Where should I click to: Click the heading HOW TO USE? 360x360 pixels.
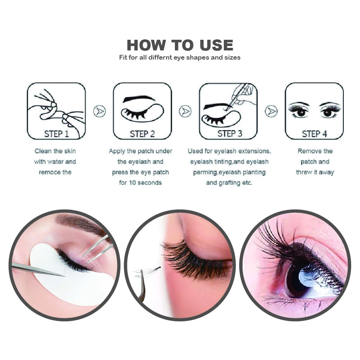[180, 45]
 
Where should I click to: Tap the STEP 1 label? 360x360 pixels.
[56, 134]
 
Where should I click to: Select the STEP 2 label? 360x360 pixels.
[142, 134]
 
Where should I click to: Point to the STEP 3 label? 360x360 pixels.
[229, 133]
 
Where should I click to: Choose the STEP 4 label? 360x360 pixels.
[314, 134]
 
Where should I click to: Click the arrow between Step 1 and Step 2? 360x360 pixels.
[99, 111]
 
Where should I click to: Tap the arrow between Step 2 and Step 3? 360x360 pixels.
[185, 111]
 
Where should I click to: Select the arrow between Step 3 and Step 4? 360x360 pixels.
[271, 111]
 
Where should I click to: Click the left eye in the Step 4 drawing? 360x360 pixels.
[300, 112]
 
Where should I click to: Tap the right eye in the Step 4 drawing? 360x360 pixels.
[328, 112]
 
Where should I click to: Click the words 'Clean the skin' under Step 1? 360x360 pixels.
[55, 151]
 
